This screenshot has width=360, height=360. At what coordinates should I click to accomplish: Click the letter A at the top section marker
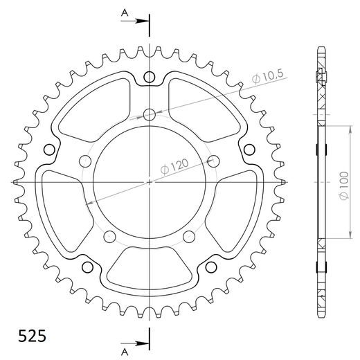coord(124,12)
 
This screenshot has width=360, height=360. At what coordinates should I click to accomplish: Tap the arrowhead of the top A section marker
coord(145,21)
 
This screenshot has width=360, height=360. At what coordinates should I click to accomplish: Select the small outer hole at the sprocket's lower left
coord(88,268)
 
